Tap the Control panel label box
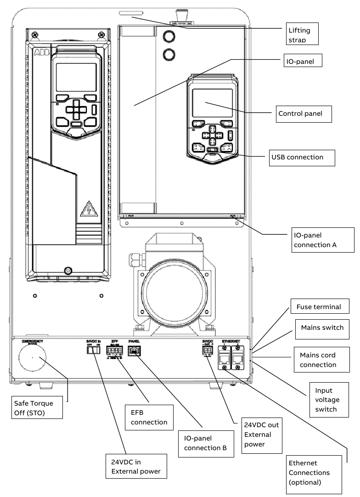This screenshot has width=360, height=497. coord(304,113)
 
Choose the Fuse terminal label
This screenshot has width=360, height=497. coord(319,307)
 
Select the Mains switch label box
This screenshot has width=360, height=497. coord(322,328)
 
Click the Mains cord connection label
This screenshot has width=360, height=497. coord(318,360)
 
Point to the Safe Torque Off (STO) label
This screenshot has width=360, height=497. coord(39,408)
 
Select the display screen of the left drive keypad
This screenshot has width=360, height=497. coord(76,77)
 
